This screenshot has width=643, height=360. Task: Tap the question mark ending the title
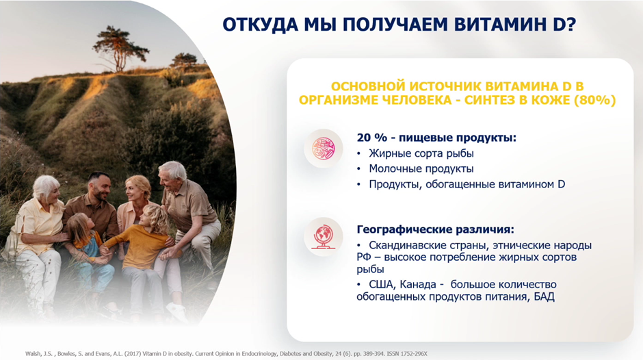[570, 25]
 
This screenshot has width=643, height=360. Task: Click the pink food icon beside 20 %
[324, 149]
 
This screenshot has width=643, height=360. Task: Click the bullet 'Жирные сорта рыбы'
[421, 153]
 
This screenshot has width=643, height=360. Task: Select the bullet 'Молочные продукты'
[421, 169]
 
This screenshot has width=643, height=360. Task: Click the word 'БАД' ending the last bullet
[544, 296]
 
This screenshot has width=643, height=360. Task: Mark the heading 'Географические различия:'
[435, 229]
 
